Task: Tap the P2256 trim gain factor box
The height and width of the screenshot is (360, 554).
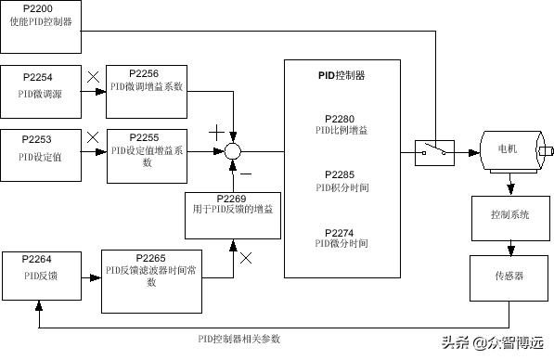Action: pyautogui.click(x=147, y=84)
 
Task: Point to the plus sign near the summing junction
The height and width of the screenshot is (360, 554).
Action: pyautogui.click(x=216, y=132)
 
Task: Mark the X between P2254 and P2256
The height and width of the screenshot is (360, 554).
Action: pyautogui.click(x=92, y=77)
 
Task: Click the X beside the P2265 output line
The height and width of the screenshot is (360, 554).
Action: pyautogui.click(x=246, y=257)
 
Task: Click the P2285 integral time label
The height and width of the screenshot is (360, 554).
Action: pyautogui.click(x=341, y=180)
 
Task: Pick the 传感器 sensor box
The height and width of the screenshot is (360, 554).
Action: pyautogui.click(x=509, y=276)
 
